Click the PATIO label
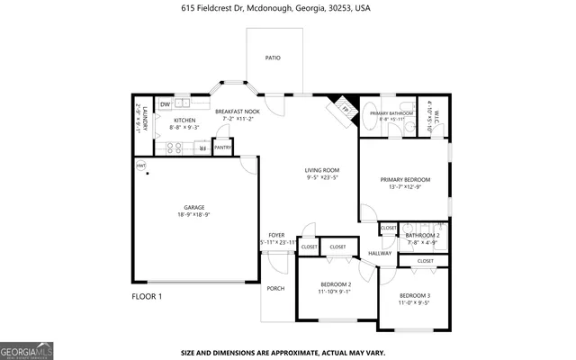point(273,58)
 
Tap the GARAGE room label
point(193,207)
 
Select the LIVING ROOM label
point(321,170)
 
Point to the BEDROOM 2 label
point(334,284)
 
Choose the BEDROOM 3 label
point(415,296)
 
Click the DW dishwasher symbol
point(165,104)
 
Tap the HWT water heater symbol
point(140,166)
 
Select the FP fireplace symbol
point(344,108)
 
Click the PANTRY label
point(223,148)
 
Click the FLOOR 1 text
point(147,296)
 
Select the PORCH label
point(274,288)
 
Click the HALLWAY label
point(380,254)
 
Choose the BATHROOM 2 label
point(421,236)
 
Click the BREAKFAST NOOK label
point(238,111)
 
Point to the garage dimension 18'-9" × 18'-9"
point(193,214)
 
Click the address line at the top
point(287,7)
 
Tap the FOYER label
point(276,235)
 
